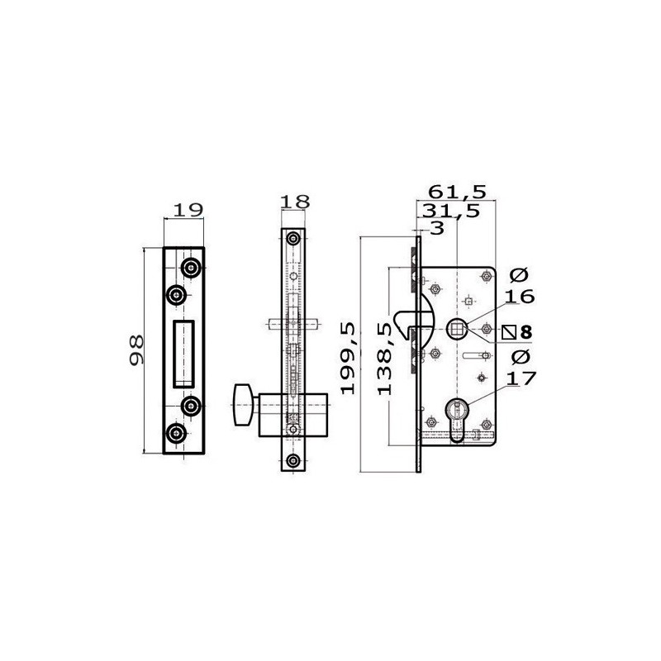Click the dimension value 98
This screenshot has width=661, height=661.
(x=136, y=350)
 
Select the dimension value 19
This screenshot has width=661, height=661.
(x=188, y=210)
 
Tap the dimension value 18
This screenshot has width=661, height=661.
(x=295, y=202)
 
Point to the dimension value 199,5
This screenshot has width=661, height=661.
(x=349, y=359)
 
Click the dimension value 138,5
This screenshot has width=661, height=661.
(x=384, y=359)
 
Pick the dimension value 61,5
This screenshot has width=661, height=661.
(x=458, y=193)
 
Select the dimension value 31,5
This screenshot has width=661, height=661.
(x=451, y=211)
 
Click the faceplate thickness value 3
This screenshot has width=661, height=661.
(x=438, y=228)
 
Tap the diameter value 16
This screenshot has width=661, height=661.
(x=520, y=297)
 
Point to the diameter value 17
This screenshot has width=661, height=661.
(x=521, y=378)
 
